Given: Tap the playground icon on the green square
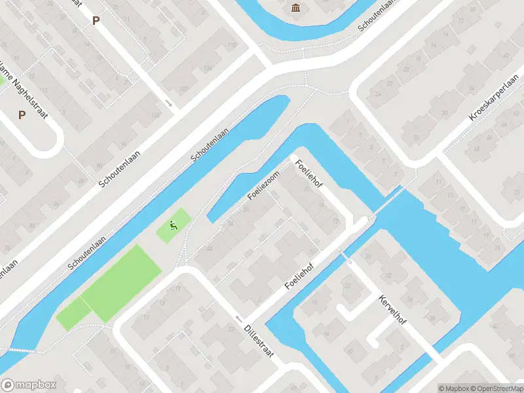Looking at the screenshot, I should click(x=174, y=227).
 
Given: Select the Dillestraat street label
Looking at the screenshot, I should click(x=258, y=339).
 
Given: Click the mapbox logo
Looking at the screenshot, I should click(x=29, y=385).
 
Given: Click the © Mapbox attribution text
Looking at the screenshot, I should click(x=453, y=388).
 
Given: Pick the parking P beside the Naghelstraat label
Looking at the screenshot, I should click(x=22, y=115).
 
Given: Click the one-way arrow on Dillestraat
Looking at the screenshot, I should click(x=238, y=319).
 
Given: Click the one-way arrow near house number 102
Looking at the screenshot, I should click(x=168, y=103).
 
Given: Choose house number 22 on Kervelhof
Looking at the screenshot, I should click(x=348, y=286).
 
